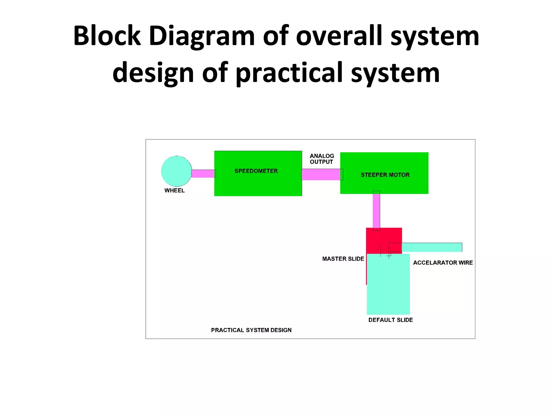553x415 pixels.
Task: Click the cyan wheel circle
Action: tap(176, 171)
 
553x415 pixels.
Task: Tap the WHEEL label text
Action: tap(174, 190)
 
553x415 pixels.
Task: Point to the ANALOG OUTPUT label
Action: tap(322, 159)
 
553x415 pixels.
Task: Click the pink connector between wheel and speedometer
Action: tap(203, 173)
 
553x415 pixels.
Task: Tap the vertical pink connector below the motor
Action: tap(376, 211)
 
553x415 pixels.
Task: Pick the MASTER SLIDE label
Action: tap(343, 259)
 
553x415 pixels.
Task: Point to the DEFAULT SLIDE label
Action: tap(390, 320)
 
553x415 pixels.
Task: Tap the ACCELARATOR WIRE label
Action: tap(443, 263)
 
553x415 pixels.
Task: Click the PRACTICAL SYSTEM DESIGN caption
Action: tap(251, 330)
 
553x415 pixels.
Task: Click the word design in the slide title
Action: tap(153, 73)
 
